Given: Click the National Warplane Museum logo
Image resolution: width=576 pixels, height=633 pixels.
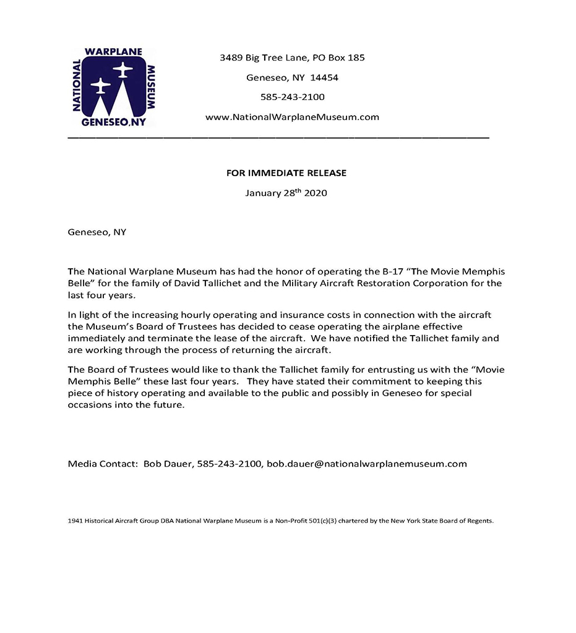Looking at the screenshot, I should pos(113,87).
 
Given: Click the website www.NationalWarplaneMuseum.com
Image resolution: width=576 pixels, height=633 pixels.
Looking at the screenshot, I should pos(292,117).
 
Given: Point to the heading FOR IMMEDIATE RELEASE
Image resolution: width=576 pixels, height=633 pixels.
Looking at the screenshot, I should pos(286,173).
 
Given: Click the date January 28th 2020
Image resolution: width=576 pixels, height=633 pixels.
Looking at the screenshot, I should pos(286,193).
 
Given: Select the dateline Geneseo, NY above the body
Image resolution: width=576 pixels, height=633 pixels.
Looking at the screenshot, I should pos(97,232).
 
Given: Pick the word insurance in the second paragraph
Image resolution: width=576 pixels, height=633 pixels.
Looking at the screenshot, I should pos(289,315).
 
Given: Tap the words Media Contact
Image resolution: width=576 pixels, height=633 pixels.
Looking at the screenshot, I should pos(102,464).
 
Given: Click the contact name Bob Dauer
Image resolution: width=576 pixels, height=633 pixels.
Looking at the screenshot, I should pos(168,464).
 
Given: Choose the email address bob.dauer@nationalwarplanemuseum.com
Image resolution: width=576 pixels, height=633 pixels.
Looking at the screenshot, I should pos(366,464).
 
